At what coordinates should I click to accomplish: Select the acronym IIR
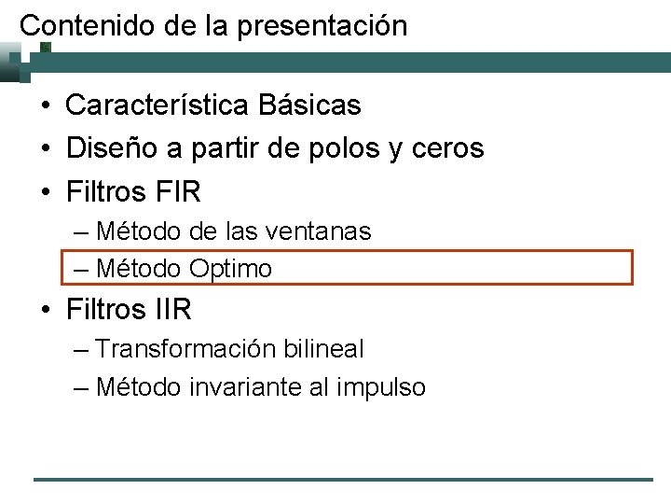tap(170, 308)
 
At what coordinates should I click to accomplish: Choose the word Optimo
tap(231, 270)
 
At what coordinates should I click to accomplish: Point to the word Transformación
tap(185, 349)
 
